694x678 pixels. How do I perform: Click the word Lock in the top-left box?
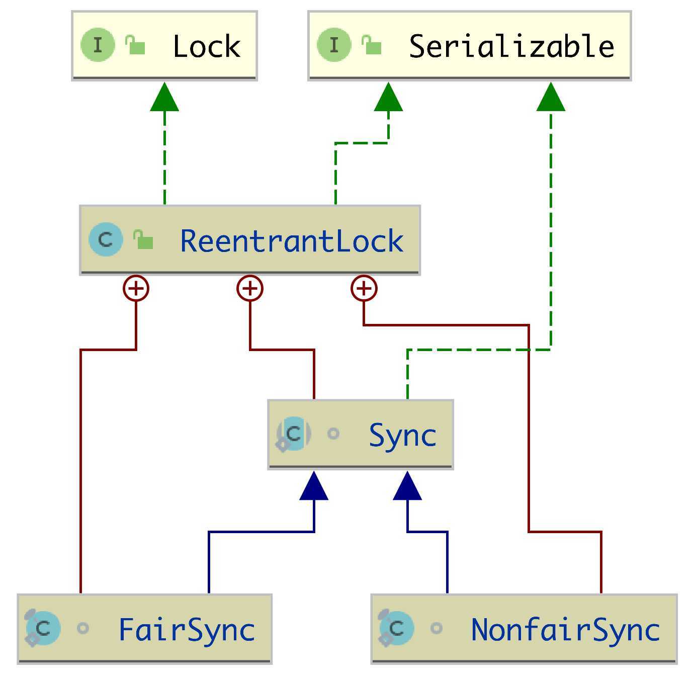(x=206, y=46)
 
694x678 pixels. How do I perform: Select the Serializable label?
(x=511, y=46)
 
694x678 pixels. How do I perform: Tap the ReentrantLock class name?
(x=292, y=241)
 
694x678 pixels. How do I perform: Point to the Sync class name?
(x=402, y=435)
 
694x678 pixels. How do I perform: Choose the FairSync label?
(x=187, y=630)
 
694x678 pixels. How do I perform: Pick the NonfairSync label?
(x=565, y=630)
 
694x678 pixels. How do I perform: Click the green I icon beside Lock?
(x=98, y=45)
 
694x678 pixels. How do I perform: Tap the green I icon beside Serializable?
(x=334, y=45)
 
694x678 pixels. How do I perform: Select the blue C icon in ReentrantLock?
(x=106, y=239)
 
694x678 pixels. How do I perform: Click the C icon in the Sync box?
(x=294, y=434)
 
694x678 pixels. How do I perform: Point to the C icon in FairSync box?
(x=43, y=628)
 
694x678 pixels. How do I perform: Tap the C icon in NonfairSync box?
(x=397, y=628)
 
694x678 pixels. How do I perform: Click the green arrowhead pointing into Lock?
(x=164, y=97)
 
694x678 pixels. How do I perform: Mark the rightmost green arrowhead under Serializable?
(x=551, y=97)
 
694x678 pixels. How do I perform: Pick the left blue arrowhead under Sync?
(x=314, y=486)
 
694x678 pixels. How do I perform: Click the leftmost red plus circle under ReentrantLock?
(x=136, y=289)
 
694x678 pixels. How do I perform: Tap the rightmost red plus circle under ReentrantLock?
(x=364, y=289)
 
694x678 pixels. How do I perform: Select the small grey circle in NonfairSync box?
(x=437, y=628)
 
